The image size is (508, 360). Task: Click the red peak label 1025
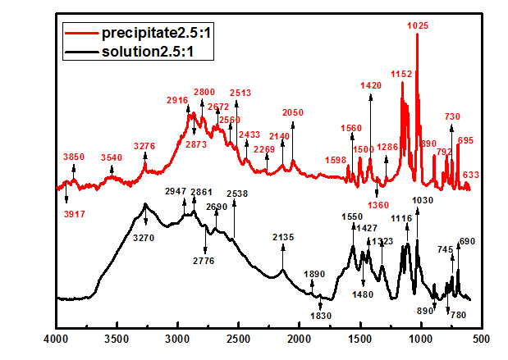[418, 26]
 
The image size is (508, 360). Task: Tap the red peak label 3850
[74, 157]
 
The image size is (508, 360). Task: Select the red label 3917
[75, 215]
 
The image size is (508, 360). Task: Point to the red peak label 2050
[293, 112]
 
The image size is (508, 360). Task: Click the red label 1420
[371, 85]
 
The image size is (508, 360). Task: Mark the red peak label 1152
[401, 74]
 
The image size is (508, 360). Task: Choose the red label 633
[471, 175]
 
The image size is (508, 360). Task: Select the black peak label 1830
[321, 316]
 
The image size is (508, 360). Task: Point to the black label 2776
[205, 261]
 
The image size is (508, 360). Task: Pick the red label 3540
[112, 157]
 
